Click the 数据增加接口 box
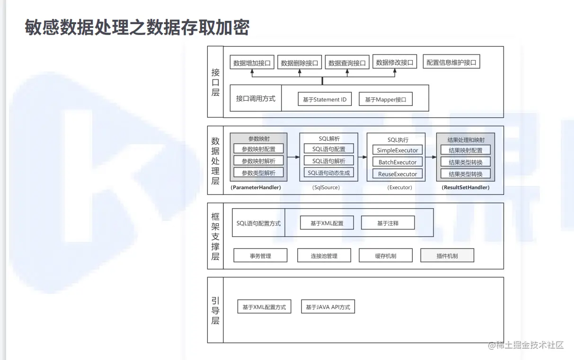pos(252,62)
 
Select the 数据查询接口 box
pos(347,62)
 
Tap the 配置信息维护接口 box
pos(451,62)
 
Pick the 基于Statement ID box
pos(325,99)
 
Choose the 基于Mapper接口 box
pos(385,99)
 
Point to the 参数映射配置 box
pos(258,149)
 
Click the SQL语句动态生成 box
pos(329,173)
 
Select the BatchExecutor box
pos(397,162)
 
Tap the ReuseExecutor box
pos(397,174)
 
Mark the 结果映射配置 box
pos(466,150)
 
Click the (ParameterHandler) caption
pos(256,187)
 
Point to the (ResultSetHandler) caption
pos(466,187)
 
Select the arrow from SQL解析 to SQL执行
pos(362,156)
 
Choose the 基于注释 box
pos(388,223)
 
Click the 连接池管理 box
pos(324,256)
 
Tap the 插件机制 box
pos(447,256)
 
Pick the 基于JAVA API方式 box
pos(328,307)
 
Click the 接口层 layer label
pos(215,82)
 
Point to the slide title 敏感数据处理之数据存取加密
pos(137,28)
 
